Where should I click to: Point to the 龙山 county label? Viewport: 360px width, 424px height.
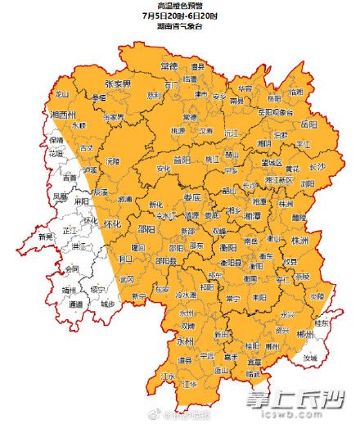(62, 94)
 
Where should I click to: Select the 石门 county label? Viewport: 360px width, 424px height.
(170, 84)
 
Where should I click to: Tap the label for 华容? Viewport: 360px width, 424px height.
(245, 88)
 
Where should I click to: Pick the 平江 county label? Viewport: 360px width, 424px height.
(303, 144)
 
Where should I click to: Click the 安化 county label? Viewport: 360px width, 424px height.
(169, 169)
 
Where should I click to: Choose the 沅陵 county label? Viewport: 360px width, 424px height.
(112, 161)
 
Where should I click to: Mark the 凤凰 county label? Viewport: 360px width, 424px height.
(61, 196)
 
